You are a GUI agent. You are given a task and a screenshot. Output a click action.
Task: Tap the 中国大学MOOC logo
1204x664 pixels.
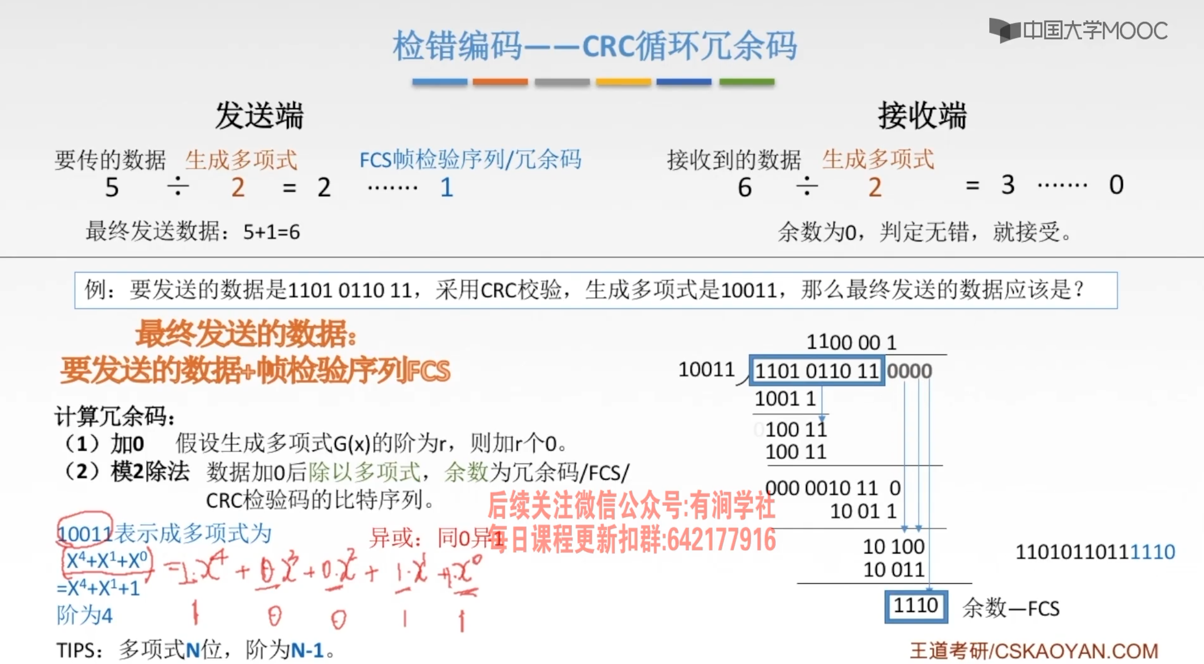(1078, 31)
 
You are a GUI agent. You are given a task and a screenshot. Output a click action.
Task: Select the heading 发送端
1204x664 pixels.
(259, 116)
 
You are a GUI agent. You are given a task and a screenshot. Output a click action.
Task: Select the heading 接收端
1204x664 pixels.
(922, 116)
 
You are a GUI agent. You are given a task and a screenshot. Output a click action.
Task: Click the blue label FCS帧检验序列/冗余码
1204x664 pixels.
(470, 160)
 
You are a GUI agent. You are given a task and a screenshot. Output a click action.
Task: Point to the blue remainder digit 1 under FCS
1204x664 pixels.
(447, 188)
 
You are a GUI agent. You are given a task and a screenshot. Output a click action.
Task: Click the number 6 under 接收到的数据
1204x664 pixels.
(745, 188)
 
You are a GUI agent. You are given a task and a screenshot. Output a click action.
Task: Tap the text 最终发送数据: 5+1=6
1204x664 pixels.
(193, 231)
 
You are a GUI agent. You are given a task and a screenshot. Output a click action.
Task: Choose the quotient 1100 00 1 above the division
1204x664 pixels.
(851, 342)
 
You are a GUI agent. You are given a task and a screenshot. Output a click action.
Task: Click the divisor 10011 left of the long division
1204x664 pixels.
(706, 369)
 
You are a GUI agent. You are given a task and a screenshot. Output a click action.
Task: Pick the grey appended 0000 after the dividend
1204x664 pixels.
(909, 371)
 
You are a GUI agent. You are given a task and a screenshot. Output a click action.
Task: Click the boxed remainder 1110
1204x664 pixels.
(916, 606)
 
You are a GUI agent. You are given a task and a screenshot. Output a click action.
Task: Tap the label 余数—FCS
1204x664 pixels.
(1011, 608)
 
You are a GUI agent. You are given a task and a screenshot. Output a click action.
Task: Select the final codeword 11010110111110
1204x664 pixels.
(1095, 552)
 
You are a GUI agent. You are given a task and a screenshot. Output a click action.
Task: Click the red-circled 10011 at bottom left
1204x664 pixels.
(85, 534)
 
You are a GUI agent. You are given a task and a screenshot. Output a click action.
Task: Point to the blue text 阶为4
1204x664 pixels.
(84, 615)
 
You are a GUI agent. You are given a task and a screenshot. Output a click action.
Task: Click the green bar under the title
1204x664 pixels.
(746, 82)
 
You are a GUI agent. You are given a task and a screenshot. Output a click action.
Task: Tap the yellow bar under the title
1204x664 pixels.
(623, 82)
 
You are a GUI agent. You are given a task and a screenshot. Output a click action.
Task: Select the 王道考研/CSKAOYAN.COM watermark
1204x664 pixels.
(1034, 651)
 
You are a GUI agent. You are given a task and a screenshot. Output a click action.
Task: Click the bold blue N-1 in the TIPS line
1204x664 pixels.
(307, 650)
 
